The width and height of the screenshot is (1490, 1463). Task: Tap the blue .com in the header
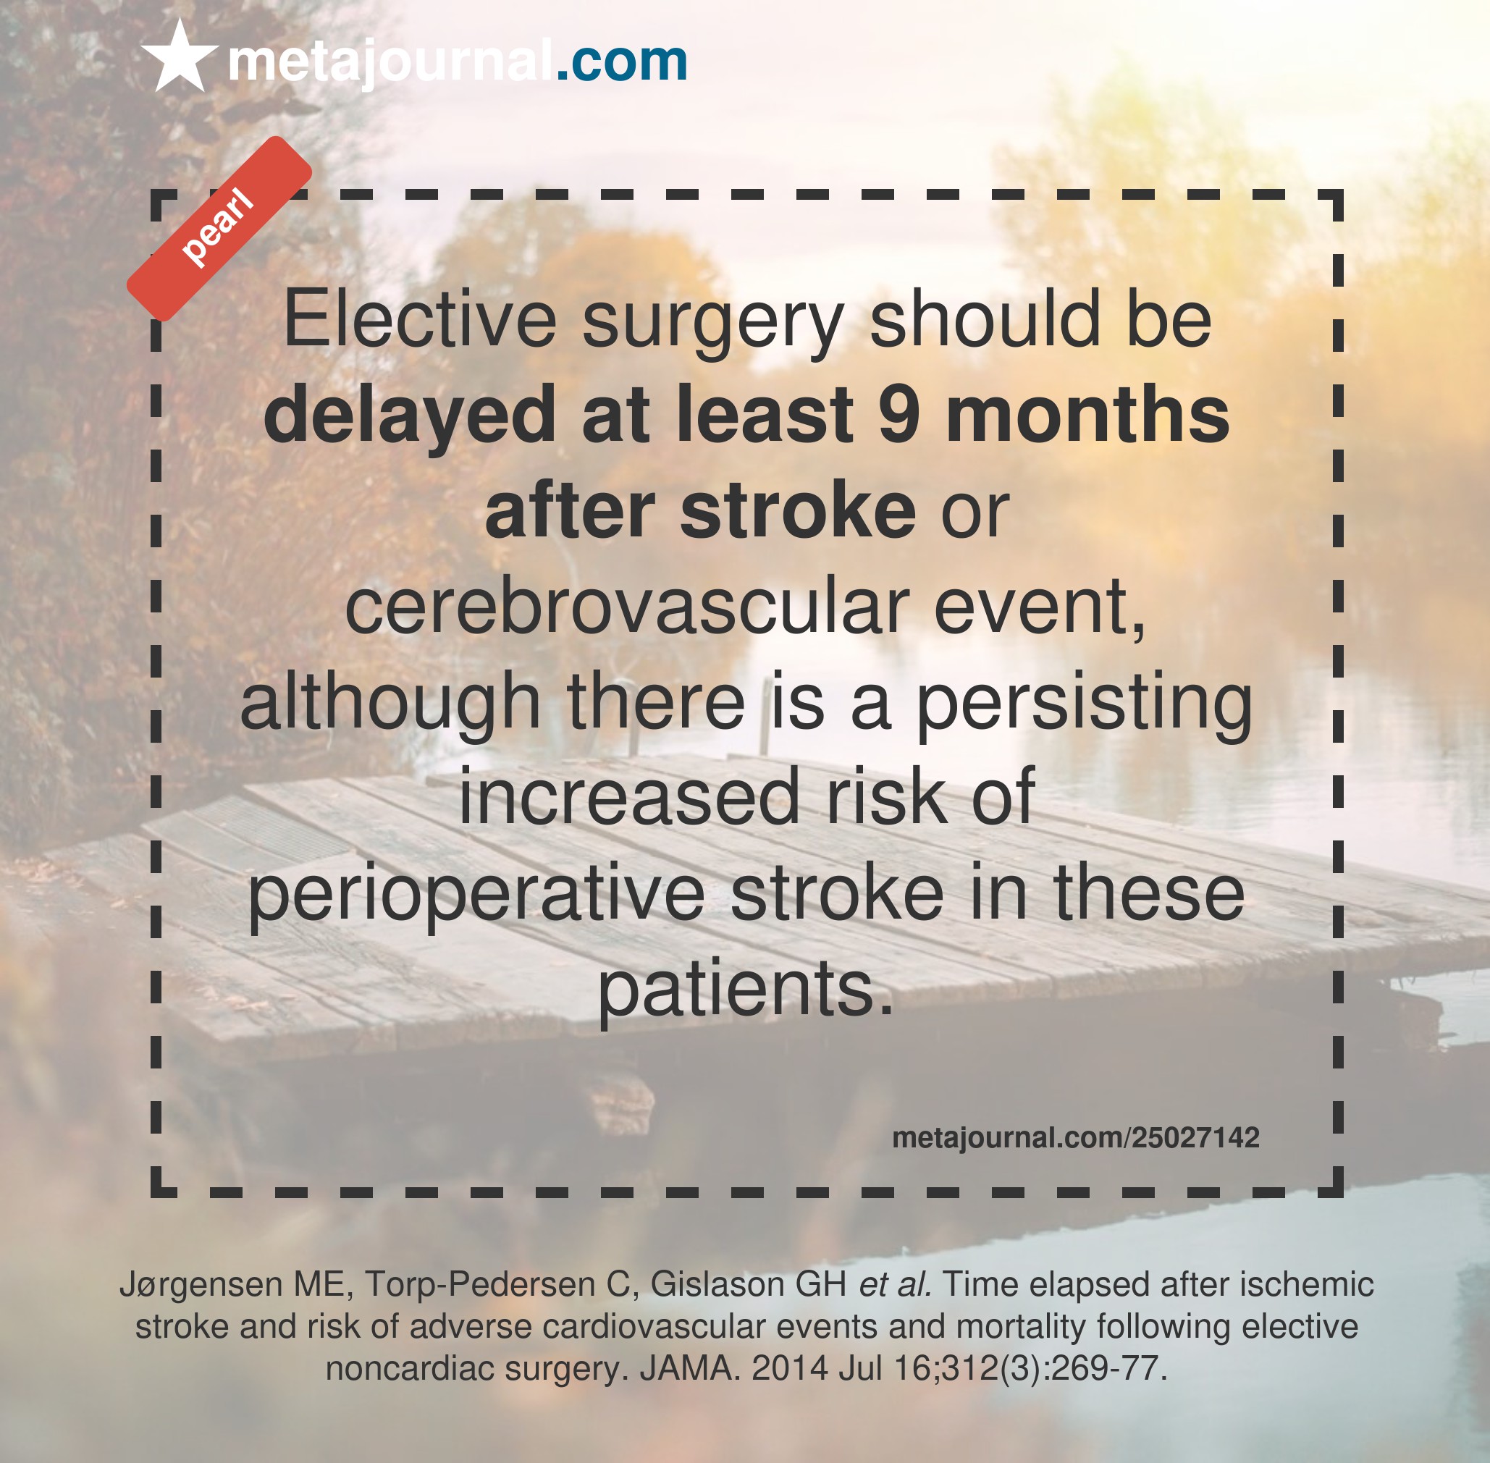621,61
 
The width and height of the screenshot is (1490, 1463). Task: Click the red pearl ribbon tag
219,229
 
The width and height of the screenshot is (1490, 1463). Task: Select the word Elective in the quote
421,319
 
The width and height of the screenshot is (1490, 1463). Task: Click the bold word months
1087,414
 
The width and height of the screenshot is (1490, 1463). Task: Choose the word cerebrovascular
627,607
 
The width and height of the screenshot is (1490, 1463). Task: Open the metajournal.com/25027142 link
1076,1137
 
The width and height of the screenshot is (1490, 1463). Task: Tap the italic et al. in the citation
895,1285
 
